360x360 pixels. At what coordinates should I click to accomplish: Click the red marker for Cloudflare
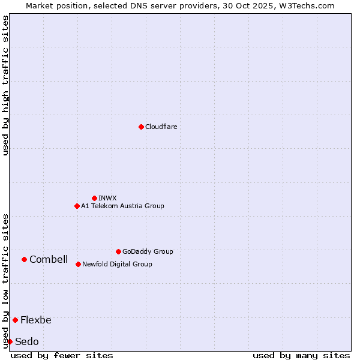tap(141, 127)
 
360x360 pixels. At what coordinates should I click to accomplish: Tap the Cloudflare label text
tap(161, 127)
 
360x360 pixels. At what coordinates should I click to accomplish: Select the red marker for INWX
tap(94, 198)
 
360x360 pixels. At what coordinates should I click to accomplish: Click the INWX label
tap(107, 198)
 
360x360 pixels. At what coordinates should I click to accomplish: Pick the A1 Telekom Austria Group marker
tap(77, 206)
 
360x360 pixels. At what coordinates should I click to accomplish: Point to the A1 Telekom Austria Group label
tap(122, 206)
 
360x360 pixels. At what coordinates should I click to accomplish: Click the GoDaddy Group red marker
tap(118, 251)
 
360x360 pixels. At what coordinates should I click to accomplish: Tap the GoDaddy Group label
tap(148, 251)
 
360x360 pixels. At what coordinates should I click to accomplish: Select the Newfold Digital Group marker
tap(78, 264)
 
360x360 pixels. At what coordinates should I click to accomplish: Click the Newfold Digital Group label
tap(117, 264)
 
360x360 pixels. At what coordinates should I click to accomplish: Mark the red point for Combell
tap(24, 259)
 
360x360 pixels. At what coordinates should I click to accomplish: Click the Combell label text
tap(49, 259)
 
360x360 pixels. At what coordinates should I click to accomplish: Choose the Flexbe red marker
tap(15, 320)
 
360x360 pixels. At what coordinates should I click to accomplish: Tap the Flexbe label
tap(36, 320)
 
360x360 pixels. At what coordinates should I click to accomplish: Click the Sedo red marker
tap(10, 341)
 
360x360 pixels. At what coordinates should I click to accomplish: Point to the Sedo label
tap(27, 341)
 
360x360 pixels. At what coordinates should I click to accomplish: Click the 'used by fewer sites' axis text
tap(62, 355)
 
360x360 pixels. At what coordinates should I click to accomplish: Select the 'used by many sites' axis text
tap(301, 355)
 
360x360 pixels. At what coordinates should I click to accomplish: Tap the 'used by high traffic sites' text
tap(5, 85)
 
